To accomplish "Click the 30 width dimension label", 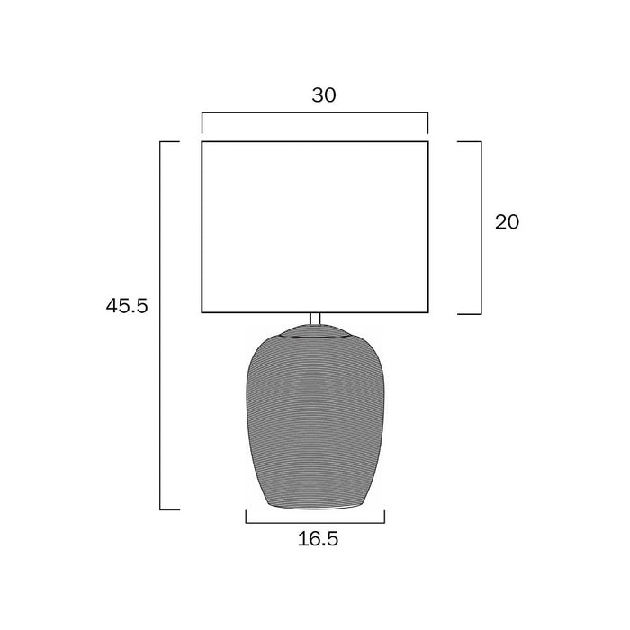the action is tap(324, 95).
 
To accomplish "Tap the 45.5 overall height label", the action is tap(127, 306).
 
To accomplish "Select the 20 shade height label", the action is tap(507, 222).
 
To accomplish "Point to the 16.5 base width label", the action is tap(319, 539).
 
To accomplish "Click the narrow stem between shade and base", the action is tap(315, 319).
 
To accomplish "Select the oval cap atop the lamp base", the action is tap(315, 331).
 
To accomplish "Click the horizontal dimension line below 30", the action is tap(315, 112).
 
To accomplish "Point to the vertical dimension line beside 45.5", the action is tap(160, 326).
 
